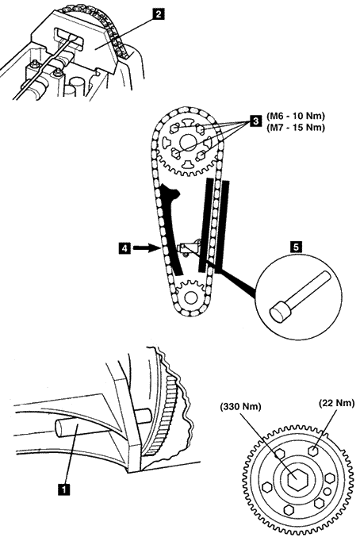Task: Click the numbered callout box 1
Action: [64, 489]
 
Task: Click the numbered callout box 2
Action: [158, 14]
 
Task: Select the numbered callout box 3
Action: [256, 121]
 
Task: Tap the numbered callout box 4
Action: [124, 247]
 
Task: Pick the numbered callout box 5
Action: [296, 247]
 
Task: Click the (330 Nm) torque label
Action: [241, 407]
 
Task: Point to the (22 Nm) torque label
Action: [336, 403]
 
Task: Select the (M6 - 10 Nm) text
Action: [296, 116]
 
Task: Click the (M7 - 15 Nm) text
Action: [296, 128]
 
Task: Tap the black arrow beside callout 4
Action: [142, 247]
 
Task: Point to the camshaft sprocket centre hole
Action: [188, 142]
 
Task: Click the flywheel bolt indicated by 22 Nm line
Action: [313, 451]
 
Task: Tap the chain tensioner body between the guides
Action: [189, 247]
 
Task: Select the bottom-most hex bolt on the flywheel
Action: [288, 510]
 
